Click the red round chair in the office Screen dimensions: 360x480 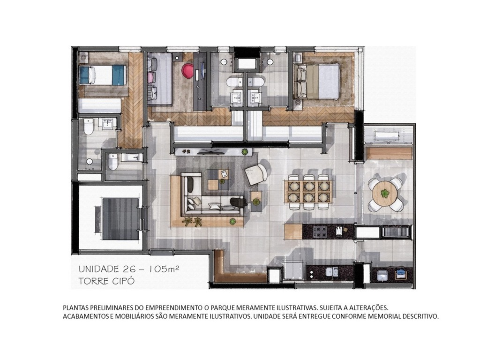[187, 70]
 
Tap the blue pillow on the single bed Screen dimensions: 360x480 [86, 75]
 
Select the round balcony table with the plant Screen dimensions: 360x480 [385, 193]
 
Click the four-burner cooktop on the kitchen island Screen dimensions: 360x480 [320, 231]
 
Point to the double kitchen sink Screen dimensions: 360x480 [332, 272]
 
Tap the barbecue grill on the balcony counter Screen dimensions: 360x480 [396, 231]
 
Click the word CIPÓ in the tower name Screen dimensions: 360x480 [122, 281]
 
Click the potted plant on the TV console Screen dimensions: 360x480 [245, 151]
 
